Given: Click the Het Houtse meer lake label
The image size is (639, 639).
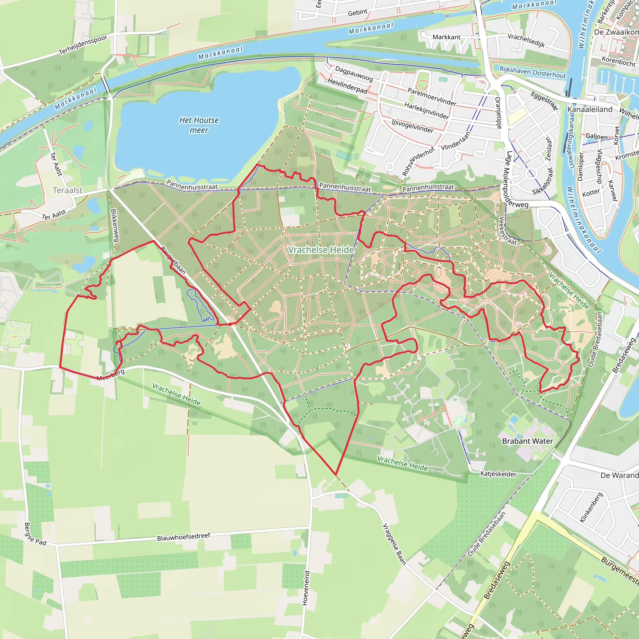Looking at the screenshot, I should [x=199, y=125].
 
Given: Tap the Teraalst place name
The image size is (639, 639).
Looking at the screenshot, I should [x=67, y=190].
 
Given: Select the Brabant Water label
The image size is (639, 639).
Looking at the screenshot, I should [x=528, y=441].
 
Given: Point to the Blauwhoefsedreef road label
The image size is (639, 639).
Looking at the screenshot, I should [x=183, y=536].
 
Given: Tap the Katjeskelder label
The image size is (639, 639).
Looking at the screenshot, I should [x=498, y=474].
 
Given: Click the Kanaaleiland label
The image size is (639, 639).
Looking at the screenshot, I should [x=590, y=110].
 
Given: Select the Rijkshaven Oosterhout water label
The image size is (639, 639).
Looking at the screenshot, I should [x=533, y=72].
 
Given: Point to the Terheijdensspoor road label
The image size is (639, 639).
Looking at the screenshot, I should [x=83, y=45].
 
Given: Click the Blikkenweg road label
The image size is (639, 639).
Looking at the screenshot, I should [x=115, y=225].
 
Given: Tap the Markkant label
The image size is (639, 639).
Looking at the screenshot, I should [x=446, y=37].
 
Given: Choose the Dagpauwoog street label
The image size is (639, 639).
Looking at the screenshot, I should [x=354, y=73].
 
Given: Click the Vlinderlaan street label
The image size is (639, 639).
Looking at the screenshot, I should [x=456, y=141].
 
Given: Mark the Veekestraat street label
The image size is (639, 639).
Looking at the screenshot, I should [x=507, y=231].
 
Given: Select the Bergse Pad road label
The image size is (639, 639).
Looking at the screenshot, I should [x=35, y=534].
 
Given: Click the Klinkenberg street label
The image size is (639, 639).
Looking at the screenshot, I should [x=591, y=508].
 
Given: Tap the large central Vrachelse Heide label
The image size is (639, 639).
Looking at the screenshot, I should [x=321, y=250].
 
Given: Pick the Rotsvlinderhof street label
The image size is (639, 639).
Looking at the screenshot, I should [x=418, y=161].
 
